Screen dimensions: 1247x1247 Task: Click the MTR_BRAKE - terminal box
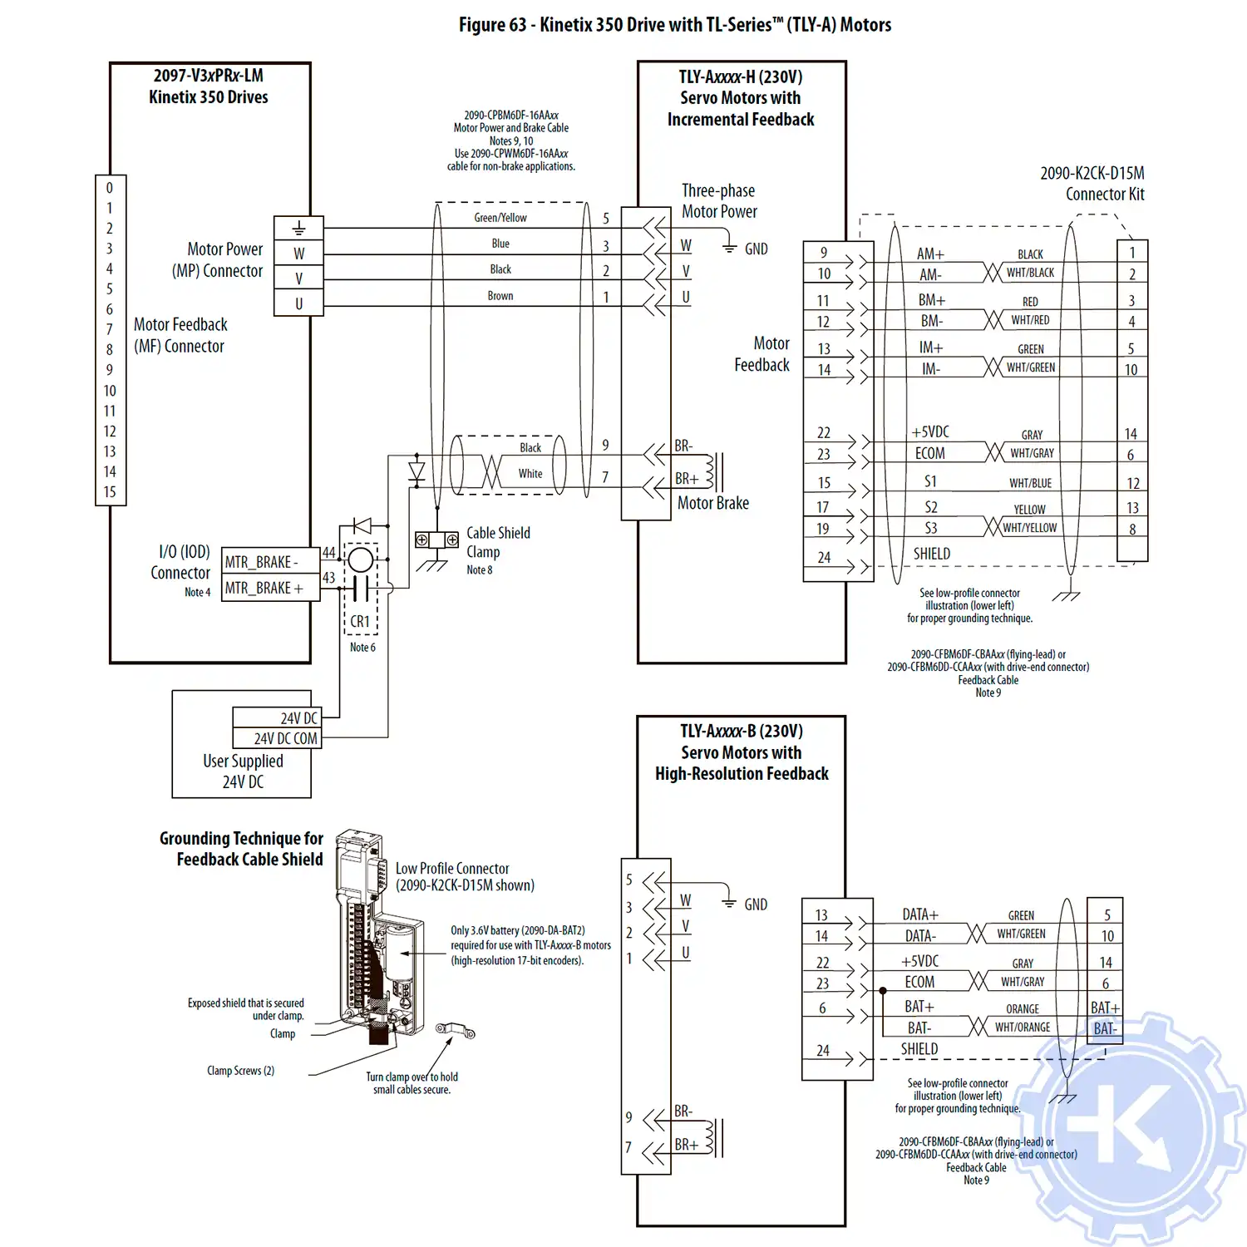[271, 562]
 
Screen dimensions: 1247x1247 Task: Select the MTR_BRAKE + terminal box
[271, 588]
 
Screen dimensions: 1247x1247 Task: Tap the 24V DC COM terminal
[284, 738]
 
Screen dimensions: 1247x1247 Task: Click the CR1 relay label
[360, 621]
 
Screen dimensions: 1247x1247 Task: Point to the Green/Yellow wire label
[500, 218]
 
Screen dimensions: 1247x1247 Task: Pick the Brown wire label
[500, 296]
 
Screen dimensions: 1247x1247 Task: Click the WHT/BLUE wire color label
[1030, 483]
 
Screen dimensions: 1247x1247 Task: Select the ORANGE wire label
[1023, 1009]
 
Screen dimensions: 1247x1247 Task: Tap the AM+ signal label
[930, 254]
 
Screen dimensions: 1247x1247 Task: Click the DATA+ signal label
[920, 914]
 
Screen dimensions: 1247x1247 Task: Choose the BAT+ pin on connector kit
[1105, 1008]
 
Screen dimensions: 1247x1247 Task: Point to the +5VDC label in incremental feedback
[930, 432]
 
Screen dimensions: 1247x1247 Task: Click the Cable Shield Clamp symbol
[436, 540]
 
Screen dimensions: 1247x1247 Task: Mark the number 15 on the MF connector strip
[110, 492]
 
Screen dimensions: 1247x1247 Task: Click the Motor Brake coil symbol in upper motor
[711, 471]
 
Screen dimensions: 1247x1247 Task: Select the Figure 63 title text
[674, 25]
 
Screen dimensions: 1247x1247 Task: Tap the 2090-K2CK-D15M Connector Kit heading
[1092, 184]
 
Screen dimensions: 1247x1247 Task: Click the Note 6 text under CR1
[362, 648]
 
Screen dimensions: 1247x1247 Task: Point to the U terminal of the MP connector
[298, 304]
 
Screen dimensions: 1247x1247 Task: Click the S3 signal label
[931, 528]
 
